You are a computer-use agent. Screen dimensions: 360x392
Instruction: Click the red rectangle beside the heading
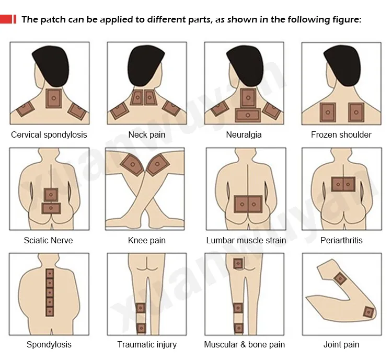[8, 19]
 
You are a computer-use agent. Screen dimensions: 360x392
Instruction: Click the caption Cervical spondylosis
[49, 134]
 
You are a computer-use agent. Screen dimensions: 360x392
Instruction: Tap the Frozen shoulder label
[341, 134]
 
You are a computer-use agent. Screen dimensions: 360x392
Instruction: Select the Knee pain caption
[147, 240]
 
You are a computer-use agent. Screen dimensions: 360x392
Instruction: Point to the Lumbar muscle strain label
[246, 240]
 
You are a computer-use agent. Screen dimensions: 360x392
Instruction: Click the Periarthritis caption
[341, 240]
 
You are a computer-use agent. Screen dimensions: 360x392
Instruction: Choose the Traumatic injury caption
[147, 344]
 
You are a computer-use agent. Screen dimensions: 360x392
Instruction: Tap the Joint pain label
[341, 344]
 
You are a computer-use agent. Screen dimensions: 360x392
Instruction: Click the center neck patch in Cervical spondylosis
[54, 98]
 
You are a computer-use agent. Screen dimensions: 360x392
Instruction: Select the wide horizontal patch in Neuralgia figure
[247, 115]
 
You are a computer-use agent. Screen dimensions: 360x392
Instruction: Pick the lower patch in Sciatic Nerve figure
[51, 208]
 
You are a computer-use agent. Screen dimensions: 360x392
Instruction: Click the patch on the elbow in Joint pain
[368, 312]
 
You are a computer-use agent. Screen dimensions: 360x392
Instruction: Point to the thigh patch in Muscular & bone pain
[238, 264]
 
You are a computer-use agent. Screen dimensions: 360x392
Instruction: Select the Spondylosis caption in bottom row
[49, 344]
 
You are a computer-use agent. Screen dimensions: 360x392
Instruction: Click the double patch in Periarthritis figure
[343, 184]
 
